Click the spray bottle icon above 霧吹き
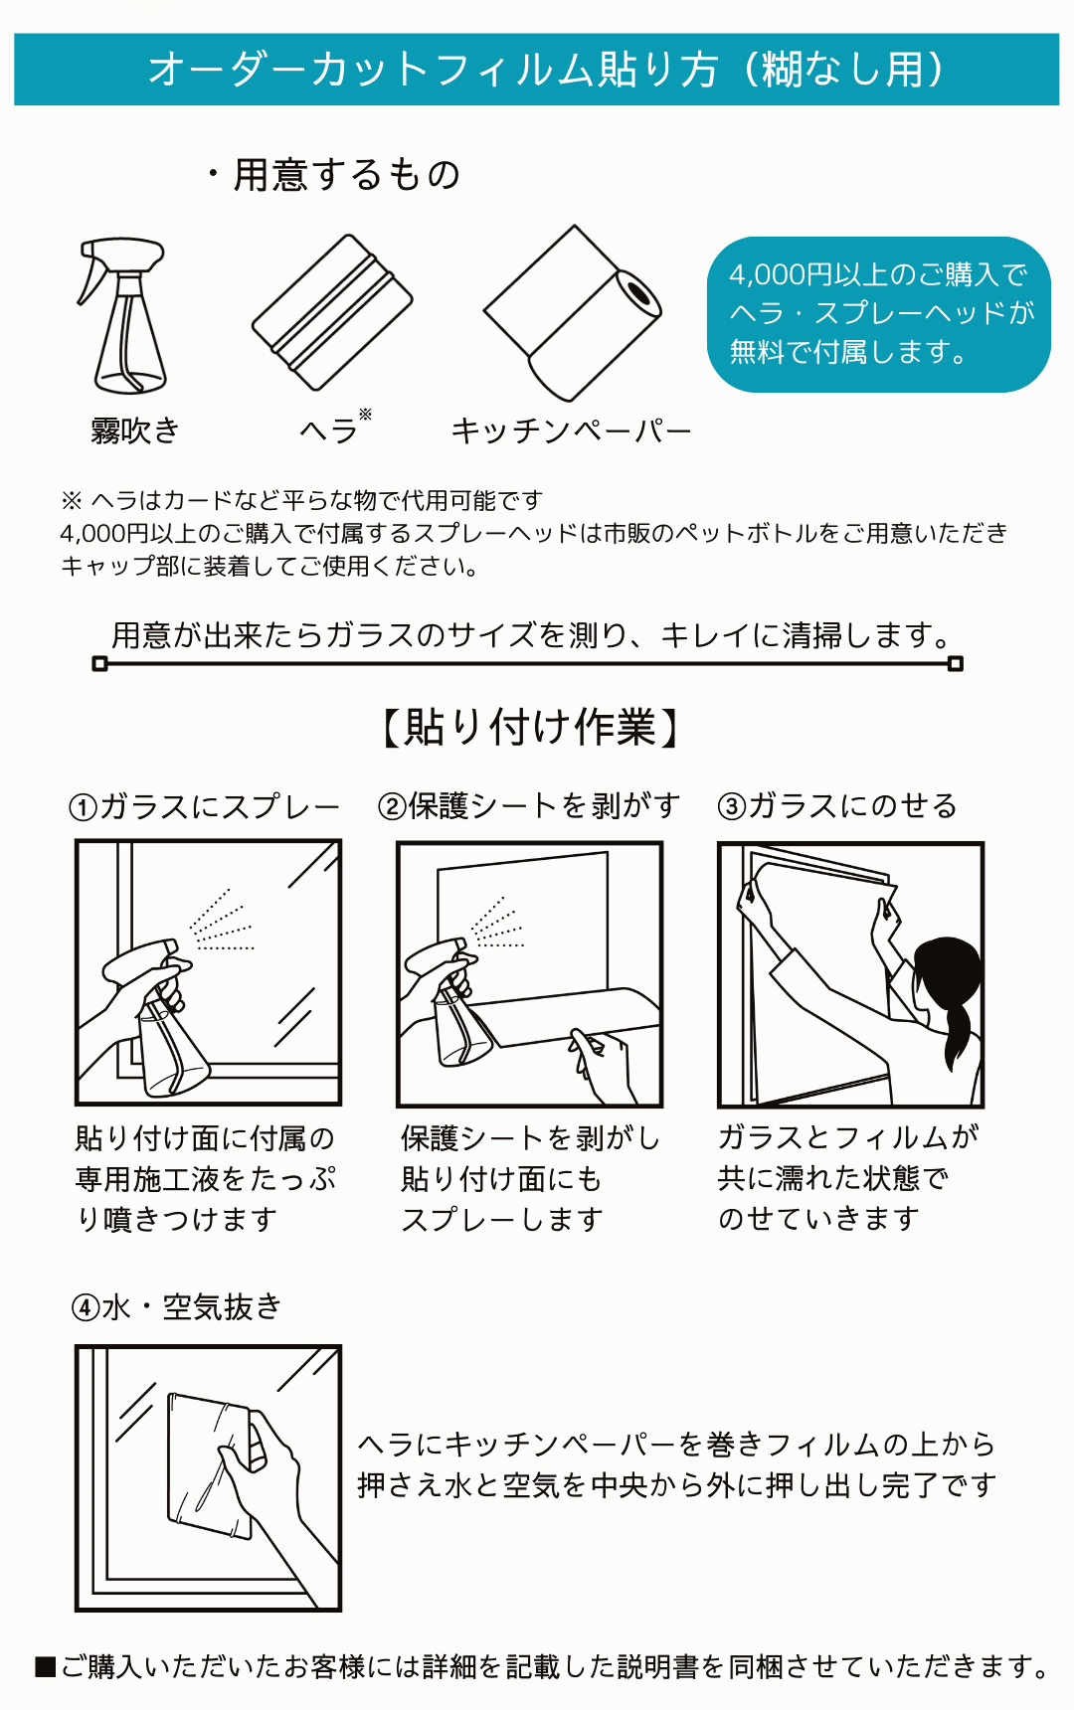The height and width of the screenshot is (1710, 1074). (x=121, y=316)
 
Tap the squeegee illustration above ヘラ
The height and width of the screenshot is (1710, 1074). (x=332, y=311)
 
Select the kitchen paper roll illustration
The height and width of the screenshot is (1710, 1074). (x=573, y=312)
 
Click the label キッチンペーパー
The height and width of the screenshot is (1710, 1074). (x=571, y=430)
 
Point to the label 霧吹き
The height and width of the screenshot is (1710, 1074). (x=135, y=430)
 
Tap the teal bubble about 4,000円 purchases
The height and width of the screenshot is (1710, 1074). (x=879, y=314)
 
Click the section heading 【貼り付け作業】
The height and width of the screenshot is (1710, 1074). (x=531, y=727)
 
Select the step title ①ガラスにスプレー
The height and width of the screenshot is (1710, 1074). (x=205, y=806)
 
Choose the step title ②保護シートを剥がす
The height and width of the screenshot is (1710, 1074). (x=529, y=805)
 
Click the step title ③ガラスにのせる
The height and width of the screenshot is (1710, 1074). (x=837, y=805)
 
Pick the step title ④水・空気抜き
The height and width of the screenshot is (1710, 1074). (x=177, y=1307)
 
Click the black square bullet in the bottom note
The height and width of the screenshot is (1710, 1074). (x=45, y=1667)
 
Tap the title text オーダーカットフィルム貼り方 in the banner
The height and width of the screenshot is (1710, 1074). (x=434, y=70)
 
